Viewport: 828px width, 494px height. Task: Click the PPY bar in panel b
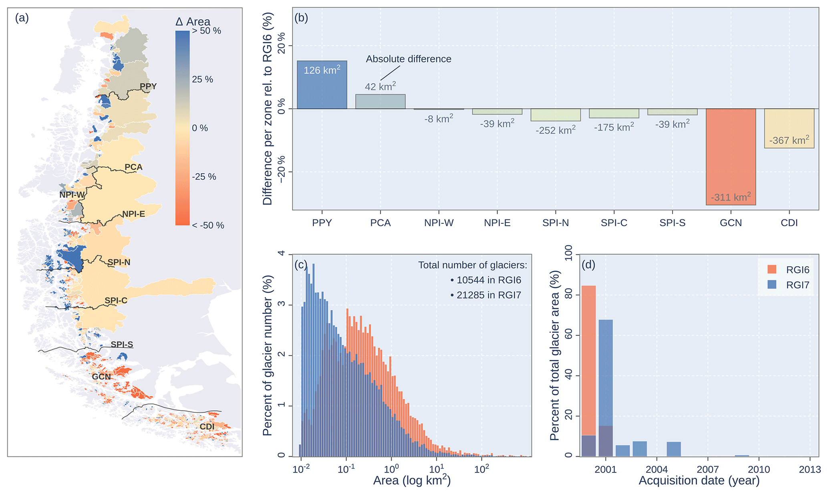[322, 85]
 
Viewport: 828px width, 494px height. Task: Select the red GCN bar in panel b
[731, 157]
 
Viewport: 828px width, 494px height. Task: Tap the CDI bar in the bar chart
[789, 128]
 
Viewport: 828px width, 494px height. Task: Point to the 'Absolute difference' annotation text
[408, 59]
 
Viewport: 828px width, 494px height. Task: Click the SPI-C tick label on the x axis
[614, 223]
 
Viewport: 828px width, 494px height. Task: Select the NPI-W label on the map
[72, 195]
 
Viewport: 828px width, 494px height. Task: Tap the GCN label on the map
[101, 377]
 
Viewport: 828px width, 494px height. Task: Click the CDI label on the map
[207, 427]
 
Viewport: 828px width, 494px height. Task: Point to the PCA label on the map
[133, 167]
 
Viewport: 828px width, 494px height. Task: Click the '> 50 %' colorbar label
[207, 31]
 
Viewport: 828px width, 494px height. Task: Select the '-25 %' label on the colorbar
[204, 177]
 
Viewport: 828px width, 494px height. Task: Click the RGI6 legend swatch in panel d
[772, 269]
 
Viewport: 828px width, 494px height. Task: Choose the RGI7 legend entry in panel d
[797, 285]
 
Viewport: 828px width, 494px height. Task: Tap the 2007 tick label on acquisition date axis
[707, 469]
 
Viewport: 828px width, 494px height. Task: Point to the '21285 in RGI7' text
[488, 295]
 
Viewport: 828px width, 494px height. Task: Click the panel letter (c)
[300, 265]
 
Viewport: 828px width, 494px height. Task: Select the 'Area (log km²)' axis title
[411, 480]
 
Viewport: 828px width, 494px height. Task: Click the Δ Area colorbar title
[193, 22]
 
